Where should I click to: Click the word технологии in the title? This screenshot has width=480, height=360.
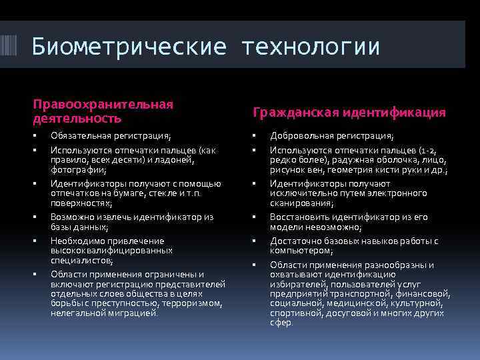[x=311, y=47]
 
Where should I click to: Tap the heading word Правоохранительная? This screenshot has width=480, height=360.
[x=103, y=104]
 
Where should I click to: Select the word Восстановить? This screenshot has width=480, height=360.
[x=299, y=217]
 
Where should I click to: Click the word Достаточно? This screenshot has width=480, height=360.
[x=294, y=241]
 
